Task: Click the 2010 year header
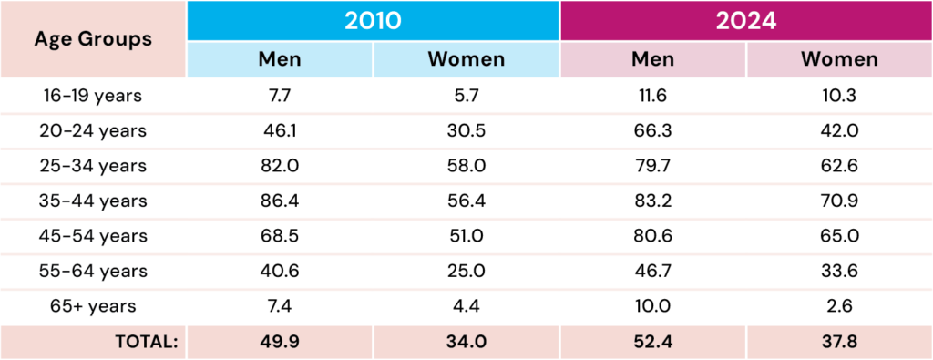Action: tap(373, 21)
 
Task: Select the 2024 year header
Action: tap(746, 21)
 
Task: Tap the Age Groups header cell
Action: tap(93, 39)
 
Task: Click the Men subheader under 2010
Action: tap(280, 59)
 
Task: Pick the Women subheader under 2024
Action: tap(839, 59)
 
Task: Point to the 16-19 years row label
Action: tap(93, 96)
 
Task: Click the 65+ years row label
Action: tap(93, 306)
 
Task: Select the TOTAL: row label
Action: tap(147, 342)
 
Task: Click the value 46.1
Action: tap(280, 131)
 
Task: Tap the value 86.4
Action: tap(280, 201)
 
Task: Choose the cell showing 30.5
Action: tap(466, 131)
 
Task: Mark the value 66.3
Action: tap(652, 131)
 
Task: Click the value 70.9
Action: tap(839, 201)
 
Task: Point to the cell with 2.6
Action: tap(839, 306)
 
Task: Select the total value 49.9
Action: tap(280, 342)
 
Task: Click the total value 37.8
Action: tap(839, 342)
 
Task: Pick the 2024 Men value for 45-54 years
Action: tap(652, 236)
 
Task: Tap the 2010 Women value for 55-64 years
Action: tap(466, 272)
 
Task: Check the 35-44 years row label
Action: tap(93, 201)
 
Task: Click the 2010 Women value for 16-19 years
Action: tap(466, 96)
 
